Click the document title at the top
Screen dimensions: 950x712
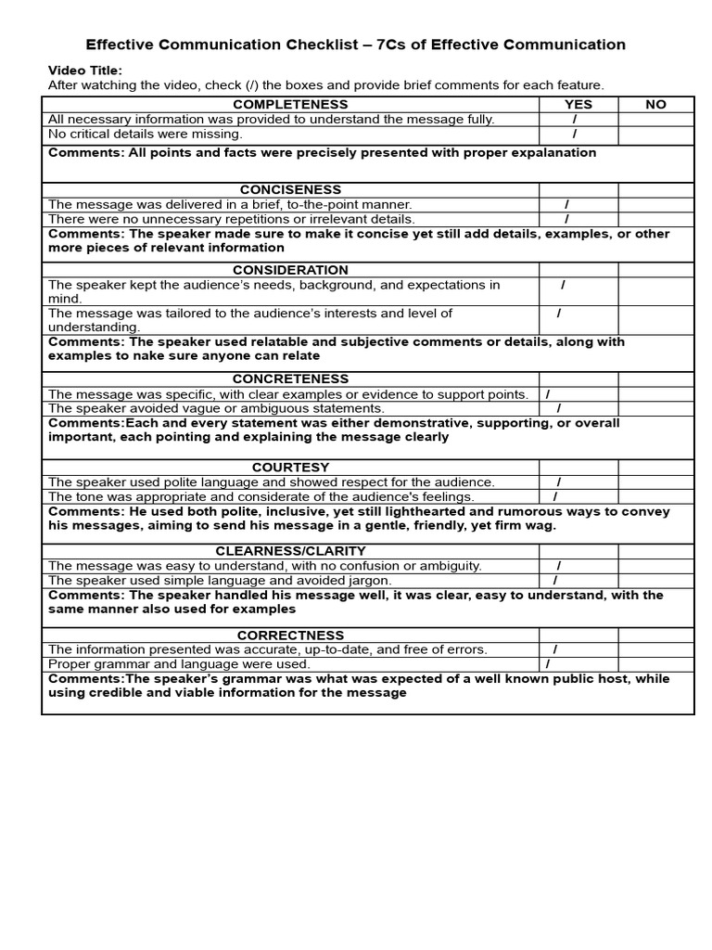[355, 45]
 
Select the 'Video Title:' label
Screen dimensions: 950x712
[84, 71]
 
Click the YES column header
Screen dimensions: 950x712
[578, 105]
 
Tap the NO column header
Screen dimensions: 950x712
[655, 105]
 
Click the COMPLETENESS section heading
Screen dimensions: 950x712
[290, 105]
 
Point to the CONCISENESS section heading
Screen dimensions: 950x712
[290, 190]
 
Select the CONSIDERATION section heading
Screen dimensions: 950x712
[290, 270]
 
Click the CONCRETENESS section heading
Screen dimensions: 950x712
[290, 379]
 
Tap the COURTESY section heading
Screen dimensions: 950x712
[290, 468]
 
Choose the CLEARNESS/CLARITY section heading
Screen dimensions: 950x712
[290, 551]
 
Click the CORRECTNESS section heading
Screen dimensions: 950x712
[290, 635]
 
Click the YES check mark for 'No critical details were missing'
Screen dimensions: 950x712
[575, 134]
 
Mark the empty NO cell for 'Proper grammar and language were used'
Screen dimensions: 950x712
[655, 664]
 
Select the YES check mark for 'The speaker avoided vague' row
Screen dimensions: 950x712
[558, 408]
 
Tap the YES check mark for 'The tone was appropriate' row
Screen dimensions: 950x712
[555, 496]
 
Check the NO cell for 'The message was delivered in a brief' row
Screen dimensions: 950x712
[655, 204]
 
